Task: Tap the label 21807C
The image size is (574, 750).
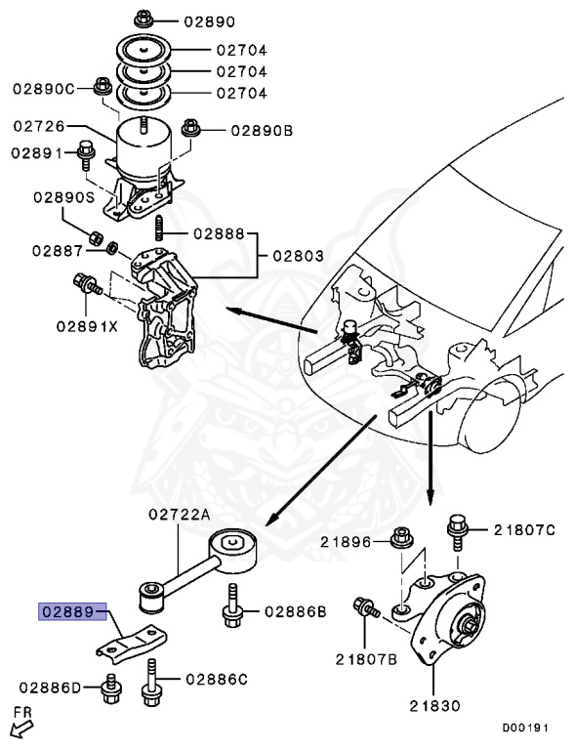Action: pyautogui.click(x=523, y=530)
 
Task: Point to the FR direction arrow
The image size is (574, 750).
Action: pyautogui.click(x=19, y=726)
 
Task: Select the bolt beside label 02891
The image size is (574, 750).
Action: pyautogui.click(x=85, y=153)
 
